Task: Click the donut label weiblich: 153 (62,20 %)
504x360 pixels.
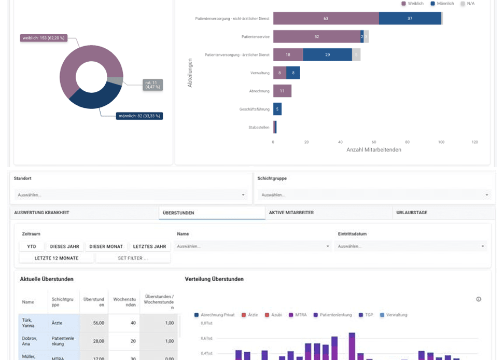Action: (x=44, y=38)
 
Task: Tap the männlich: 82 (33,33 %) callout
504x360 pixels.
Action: (x=139, y=116)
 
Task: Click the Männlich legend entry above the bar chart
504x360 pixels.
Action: (x=442, y=4)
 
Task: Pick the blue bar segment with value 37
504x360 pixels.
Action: (x=410, y=19)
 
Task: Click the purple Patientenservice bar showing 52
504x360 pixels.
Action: (x=316, y=37)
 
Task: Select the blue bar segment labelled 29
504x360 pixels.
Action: (x=327, y=55)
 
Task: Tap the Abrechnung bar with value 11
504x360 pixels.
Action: (x=282, y=91)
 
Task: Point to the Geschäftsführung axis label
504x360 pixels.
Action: (x=254, y=109)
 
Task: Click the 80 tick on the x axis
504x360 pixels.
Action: (x=407, y=142)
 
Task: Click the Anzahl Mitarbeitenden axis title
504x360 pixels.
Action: (x=373, y=150)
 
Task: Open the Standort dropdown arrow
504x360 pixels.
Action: (x=243, y=195)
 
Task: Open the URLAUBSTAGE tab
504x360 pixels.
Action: (x=412, y=213)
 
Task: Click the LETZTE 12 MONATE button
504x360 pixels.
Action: (x=57, y=258)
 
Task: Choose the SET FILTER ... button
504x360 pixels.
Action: (x=133, y=258)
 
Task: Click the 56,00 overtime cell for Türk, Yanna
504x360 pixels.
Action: (x=98, y=323)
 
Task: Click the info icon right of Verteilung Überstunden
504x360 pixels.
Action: (x=479, y=299)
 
